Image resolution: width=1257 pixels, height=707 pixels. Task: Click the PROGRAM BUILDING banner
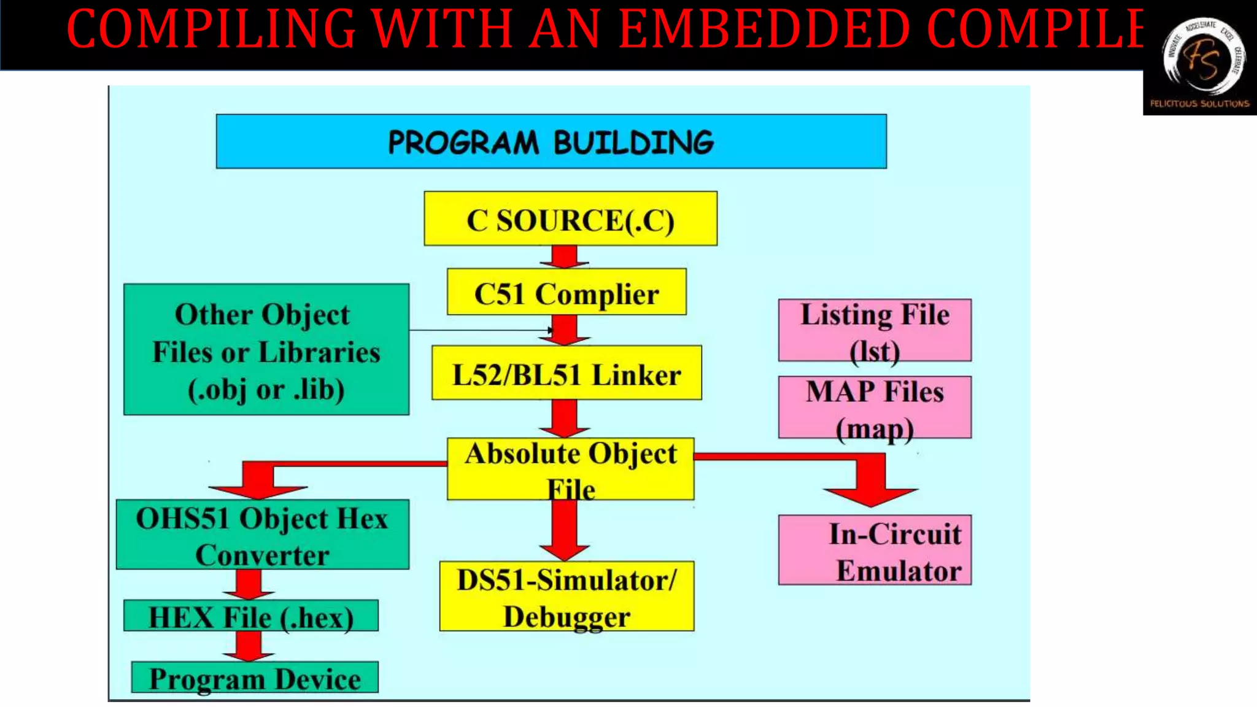[551, 141]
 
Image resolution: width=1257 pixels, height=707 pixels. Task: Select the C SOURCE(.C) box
[570, 219]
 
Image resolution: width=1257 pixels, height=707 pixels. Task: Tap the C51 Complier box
[566, 293]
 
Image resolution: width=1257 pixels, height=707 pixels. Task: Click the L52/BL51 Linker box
[566, 373]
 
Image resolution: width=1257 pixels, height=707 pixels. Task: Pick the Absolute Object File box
[570, 468]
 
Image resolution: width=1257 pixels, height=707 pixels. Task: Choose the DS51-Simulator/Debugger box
[567, 597]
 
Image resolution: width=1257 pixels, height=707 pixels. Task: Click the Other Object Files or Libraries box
[266, 350]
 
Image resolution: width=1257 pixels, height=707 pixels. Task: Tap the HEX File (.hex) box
[250, 616]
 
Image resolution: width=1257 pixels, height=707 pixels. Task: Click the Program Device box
[255, 678]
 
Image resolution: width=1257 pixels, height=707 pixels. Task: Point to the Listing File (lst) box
[874, 330]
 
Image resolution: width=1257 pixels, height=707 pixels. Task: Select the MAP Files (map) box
[874, 408]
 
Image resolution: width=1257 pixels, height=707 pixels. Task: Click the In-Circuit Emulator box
[874, 551]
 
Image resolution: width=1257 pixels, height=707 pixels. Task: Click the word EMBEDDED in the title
[764, 29]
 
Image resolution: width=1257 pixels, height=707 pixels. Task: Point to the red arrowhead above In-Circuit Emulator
[871, 494]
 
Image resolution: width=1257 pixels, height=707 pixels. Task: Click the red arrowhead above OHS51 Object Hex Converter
[258, 489]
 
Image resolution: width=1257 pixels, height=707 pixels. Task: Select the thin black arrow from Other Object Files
[479, 330]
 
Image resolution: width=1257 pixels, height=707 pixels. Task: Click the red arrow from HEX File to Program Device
[249, 646]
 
